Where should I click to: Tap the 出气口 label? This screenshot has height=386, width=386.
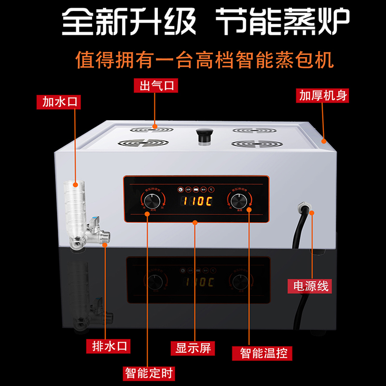tap(156, 86)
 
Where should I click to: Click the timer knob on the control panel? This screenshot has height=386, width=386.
tap(153, 201)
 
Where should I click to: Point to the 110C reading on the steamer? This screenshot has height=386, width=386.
tap(196, 201)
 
